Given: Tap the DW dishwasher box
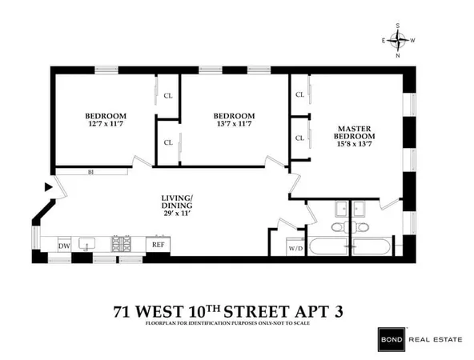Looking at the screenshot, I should [x=64, y=246].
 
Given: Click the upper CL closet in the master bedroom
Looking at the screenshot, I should [x=299, y=94].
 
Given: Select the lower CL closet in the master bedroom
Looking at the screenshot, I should [x=299, y=138].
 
